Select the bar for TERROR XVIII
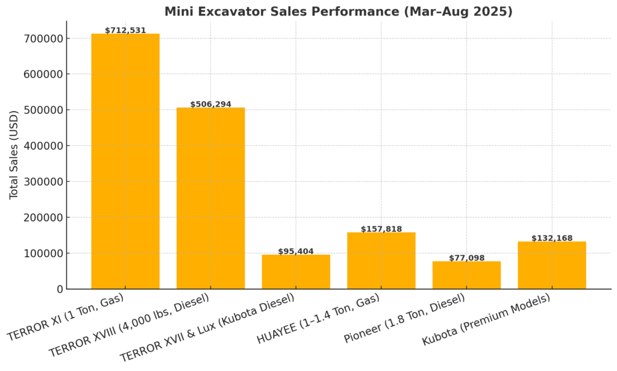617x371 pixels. [x=210, y=198]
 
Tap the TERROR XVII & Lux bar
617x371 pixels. [x=296, y=272]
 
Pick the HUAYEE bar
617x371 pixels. [x=381, y=260]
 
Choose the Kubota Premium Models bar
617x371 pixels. [x=552, y=265]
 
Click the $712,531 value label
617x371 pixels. [x=125, y=30]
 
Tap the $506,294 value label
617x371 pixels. [x=210, y=104]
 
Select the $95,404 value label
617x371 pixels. [x=296, y=251]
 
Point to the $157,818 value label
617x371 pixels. [x=381, y=229]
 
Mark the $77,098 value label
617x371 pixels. [x=466, y=258]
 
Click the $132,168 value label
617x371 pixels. [x=552, y=238]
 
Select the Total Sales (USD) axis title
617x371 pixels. [x=14, y=155]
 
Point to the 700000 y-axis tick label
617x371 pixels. [x=42, y=39]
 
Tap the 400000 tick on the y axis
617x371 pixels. [x=42, y=146]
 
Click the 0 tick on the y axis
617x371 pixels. [x=59, y=289]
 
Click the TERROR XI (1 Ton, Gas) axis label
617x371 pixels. [x=65, y=317]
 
